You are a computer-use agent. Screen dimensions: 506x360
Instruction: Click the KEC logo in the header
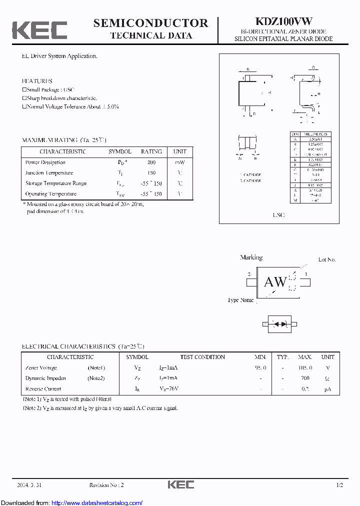tap(39, 30)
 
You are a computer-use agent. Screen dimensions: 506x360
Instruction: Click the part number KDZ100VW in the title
tap(284, 21)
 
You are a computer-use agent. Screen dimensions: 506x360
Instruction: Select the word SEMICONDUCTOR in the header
tap(150, 23)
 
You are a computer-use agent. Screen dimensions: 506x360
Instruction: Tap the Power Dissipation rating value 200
tap(151, 162)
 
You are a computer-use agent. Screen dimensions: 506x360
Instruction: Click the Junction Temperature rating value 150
tap(151, 173)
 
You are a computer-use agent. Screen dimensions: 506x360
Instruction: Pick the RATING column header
tap(151, 151)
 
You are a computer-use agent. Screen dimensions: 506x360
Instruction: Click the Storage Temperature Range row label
tap(56, 183)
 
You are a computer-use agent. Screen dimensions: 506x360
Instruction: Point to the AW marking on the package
tap(275, 282)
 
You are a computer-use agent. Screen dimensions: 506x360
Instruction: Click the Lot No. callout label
tap(327, 259)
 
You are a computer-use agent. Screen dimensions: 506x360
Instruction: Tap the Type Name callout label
tap(240, 300)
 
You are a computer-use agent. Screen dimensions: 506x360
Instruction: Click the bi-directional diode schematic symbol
tap(280, 324)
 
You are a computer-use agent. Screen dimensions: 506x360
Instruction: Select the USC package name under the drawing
tap(278, 215)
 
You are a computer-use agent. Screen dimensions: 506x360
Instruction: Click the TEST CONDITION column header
tap(202, 357)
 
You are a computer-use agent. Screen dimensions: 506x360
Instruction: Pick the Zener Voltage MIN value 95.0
tap(260, 367)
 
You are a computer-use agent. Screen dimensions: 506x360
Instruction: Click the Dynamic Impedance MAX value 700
tap(305, 378)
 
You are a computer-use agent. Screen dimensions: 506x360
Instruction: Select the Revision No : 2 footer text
tap(106, 485)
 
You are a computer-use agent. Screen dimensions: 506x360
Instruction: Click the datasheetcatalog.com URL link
tap(97, 503)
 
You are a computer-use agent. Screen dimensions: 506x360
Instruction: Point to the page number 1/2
tap(340, 485)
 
